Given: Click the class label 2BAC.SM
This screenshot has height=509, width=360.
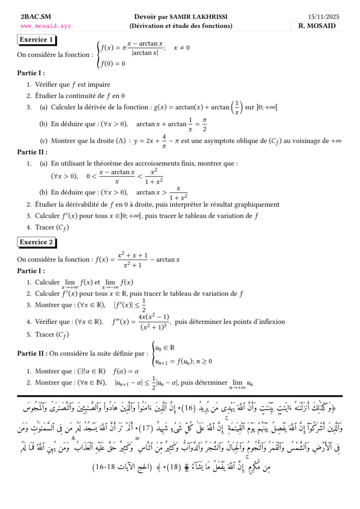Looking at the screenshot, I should (32, 17).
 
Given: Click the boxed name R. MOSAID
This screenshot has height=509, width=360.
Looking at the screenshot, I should (320, 26).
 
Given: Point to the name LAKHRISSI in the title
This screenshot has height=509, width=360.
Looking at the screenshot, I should (205, 17).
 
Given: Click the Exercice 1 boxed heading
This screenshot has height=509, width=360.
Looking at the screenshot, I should (36, 40).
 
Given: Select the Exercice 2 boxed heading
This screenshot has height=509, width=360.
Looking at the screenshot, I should (36, 242).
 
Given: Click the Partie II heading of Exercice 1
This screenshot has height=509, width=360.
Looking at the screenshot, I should (32, 152).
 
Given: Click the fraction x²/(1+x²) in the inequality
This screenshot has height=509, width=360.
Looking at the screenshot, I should (154, 176).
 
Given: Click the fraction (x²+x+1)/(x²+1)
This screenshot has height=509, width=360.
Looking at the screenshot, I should (132, 260).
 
